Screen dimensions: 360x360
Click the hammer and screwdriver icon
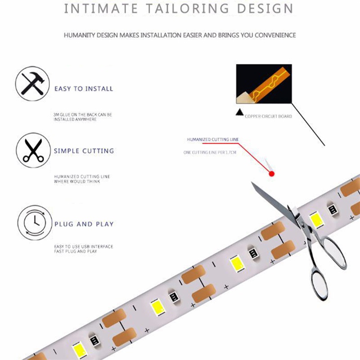point(32,84)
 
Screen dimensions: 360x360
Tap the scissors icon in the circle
point(33,150)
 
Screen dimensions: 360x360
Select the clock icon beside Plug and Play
point(35,223)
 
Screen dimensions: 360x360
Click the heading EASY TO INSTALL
point(84,89)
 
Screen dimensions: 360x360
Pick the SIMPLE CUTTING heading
point(84,151)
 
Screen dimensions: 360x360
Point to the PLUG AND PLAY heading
point(84,224)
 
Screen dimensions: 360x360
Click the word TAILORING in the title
point(188,9)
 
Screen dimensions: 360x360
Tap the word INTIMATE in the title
point(100,9)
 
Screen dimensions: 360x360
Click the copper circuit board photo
point(264,84)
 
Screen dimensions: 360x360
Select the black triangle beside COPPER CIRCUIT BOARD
point(240,112)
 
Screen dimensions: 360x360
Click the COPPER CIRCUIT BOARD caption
point(268,117)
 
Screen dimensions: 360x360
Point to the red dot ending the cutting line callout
point(272,174)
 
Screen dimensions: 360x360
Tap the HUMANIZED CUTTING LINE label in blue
point(213,139)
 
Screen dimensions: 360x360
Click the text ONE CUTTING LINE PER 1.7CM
point(210,153)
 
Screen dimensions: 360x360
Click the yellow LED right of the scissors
point(316,220)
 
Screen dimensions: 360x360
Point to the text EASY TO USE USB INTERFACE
point(84,247)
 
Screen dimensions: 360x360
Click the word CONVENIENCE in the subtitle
point(275,35)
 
